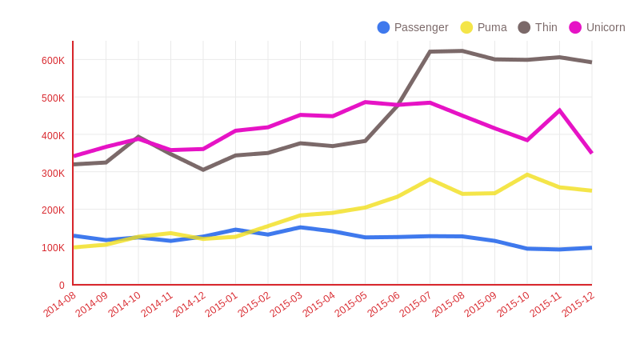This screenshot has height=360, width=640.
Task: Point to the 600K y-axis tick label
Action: point(53,61)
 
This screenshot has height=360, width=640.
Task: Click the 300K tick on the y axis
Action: point(53,173)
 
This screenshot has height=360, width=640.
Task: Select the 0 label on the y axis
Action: point(61,285)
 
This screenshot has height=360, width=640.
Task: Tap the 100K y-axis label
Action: point(53,248)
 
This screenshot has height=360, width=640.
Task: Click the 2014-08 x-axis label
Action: point(60,305)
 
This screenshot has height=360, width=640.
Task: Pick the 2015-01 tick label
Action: point(222,305)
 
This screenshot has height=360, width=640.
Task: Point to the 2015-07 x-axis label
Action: point(416,305)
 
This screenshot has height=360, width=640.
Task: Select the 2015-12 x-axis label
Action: point(578,305)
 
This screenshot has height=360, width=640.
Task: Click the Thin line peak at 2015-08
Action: point(462,51)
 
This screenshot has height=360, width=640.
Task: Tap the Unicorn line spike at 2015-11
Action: point(559,110)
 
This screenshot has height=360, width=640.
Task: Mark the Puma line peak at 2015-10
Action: point(527,174)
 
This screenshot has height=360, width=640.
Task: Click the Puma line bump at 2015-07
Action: point(430,179)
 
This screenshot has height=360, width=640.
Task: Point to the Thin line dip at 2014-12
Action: point(203,170)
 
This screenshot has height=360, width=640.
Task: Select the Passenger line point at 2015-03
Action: point(300,227)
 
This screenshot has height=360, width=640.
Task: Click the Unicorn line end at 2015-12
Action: point(591,153)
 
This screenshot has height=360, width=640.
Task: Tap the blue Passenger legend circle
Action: point(383,27)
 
